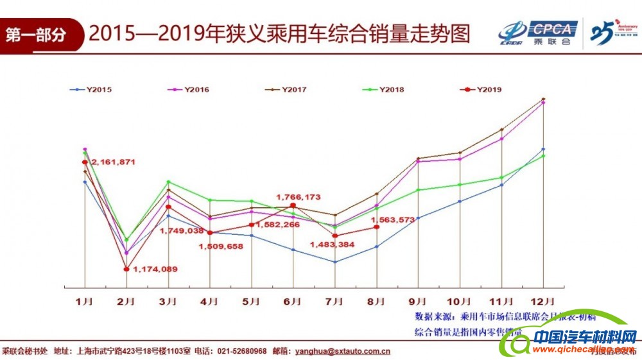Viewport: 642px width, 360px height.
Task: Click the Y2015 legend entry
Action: point(91,90)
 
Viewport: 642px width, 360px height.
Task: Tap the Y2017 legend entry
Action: point(285,90)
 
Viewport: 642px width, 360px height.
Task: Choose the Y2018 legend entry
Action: point(383,90)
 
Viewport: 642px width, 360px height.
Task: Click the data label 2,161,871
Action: point(113,162)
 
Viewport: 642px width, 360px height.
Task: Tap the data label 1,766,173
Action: point(298,197)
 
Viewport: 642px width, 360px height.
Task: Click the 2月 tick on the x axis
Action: point(126,300)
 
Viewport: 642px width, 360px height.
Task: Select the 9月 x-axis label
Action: point(418,300)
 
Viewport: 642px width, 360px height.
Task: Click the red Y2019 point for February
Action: point(126,270)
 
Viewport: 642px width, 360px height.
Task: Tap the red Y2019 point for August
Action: point(376,227)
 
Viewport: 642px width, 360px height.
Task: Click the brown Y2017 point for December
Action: point(544,99)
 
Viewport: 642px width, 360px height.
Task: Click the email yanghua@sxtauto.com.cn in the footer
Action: point(342,351)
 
